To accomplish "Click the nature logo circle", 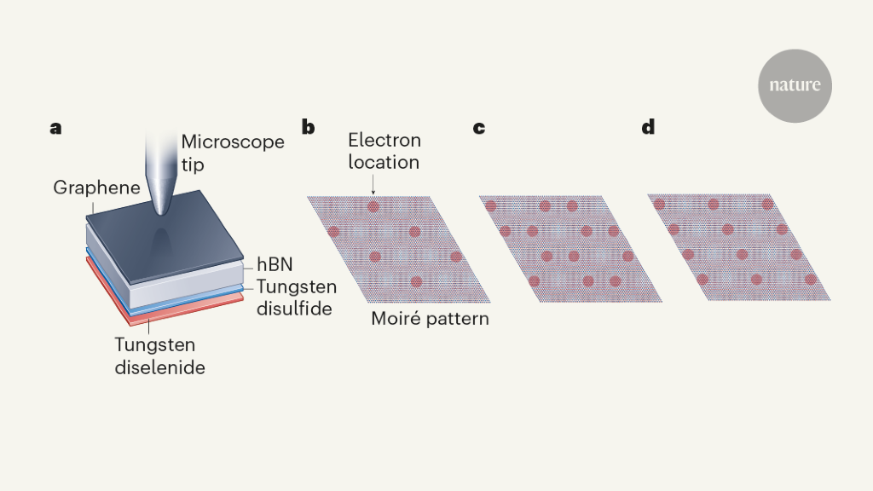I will pos(795,86).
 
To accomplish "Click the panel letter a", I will pos(56,129).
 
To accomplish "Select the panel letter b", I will pos(308,129).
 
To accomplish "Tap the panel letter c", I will pos(479,129).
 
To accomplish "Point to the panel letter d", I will pos(649,129).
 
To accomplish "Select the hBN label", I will pos(275,265).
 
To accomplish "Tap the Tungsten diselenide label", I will pos(159,356).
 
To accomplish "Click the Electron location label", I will pos(384,151).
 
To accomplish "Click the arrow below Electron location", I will pos(373,183).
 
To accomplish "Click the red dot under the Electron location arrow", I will pos(373,206).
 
